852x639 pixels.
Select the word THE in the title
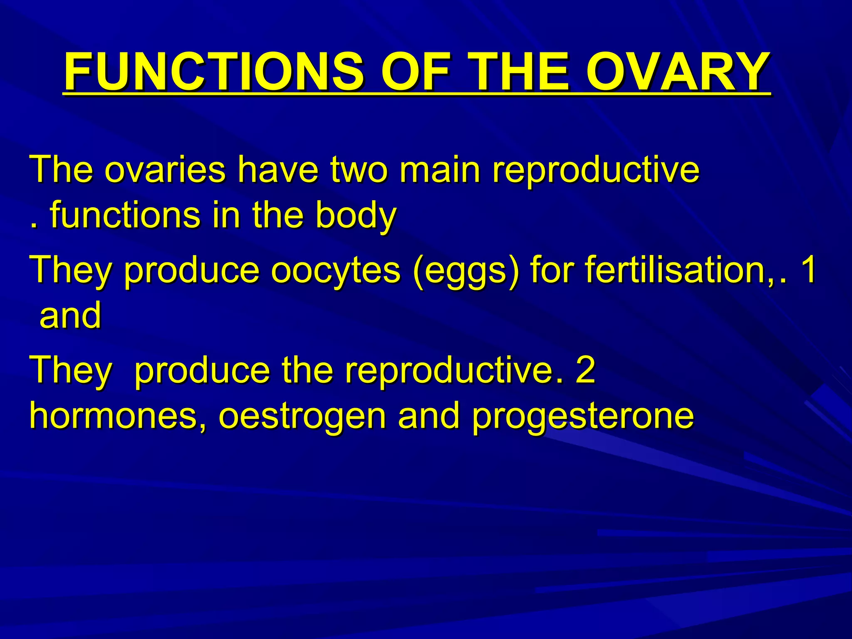[x=517, y=72]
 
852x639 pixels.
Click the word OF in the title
[x=416, y=72]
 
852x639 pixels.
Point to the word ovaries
[x=165, y=170]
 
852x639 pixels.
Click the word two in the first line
[x=359, y=170]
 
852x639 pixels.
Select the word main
[x=439, y=170]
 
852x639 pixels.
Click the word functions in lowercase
[x=125, y=215]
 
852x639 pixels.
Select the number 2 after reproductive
[x=586, y=369]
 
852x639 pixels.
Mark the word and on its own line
[x=70, y=315]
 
